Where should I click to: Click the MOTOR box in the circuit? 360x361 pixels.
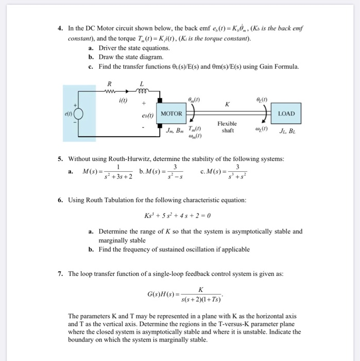172,113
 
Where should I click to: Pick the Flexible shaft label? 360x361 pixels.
227,127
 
